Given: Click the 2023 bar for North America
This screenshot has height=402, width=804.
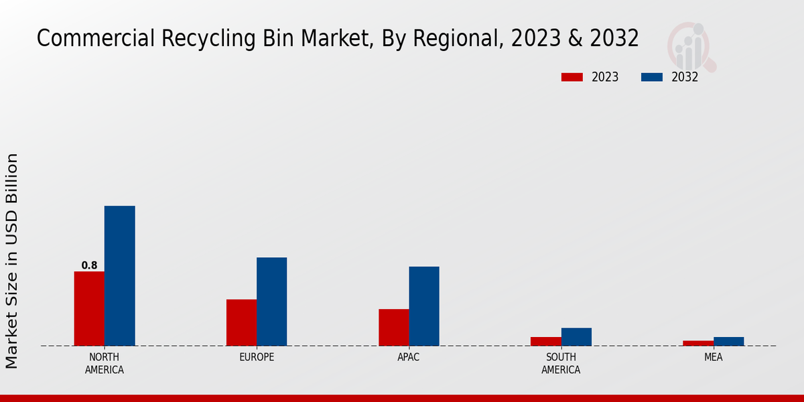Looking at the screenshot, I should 89,309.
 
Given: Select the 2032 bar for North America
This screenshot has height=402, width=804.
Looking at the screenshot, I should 119,276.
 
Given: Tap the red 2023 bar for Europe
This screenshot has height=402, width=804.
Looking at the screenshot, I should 241,323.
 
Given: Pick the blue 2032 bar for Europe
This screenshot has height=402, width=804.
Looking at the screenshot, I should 271,301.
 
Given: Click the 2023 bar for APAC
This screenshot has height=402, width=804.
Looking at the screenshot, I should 393,328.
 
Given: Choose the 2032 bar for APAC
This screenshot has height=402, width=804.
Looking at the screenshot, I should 424,306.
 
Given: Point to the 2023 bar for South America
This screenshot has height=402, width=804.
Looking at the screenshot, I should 545,342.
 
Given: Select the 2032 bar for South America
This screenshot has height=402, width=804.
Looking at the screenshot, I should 576,337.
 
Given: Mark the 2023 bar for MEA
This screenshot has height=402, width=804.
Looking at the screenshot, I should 698,343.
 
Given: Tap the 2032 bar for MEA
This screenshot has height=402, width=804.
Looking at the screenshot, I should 728,342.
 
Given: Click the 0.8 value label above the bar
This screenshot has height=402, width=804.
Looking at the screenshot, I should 89,265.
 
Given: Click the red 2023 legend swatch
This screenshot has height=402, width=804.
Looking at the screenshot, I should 572,77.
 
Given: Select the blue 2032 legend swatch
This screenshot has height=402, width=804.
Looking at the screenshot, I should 651,77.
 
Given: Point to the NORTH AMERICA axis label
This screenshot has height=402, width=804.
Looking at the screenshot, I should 104,363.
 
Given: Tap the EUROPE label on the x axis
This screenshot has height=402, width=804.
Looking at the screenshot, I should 257,357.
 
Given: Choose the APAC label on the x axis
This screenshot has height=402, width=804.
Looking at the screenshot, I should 408,357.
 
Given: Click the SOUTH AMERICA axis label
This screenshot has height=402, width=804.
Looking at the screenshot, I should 561,363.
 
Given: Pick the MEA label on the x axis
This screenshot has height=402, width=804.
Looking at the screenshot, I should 713,357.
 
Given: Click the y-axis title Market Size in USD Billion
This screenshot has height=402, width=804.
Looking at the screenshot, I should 12,261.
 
